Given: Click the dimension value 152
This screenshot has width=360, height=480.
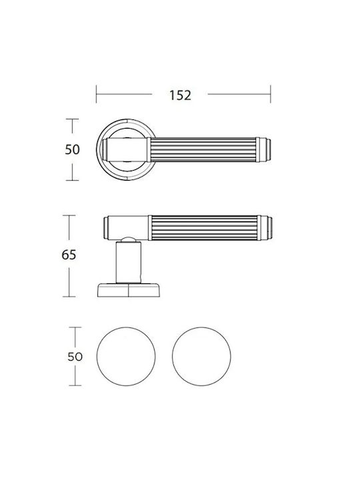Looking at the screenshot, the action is click(180, 95).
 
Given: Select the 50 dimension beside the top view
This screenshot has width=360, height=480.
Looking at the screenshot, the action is click(72, 149).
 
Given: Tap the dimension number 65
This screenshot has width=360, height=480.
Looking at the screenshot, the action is click(69, 255).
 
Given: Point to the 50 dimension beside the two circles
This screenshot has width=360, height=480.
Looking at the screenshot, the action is click(75, 357).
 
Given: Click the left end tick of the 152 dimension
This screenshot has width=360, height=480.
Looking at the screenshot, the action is click(96, 94).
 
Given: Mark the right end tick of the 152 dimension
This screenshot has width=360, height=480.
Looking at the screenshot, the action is click(271, 94).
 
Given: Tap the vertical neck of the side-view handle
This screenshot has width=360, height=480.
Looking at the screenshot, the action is click(129, 262).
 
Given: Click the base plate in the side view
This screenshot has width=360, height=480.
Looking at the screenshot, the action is click(129, 290).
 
